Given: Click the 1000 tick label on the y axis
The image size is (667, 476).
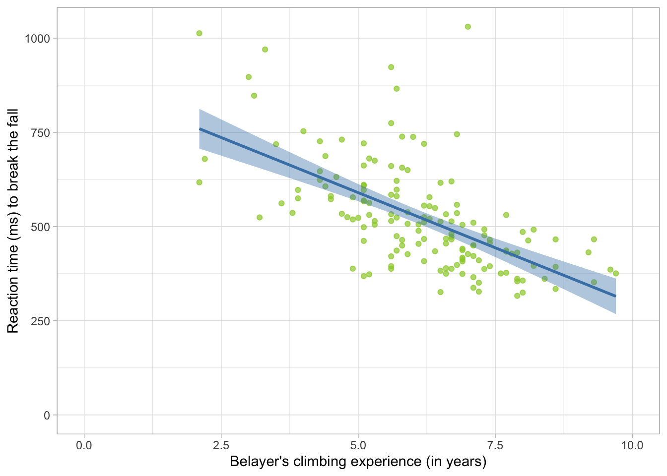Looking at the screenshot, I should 37,39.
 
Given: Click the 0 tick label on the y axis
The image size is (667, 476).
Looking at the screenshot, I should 47,416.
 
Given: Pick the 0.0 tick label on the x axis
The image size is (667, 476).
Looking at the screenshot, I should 84,445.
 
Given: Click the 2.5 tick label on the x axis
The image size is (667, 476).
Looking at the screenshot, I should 221,445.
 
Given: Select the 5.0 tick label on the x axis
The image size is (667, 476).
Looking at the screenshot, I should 358,445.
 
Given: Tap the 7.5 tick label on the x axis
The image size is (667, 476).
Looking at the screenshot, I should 495,445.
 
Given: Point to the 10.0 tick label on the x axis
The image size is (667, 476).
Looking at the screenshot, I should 632,445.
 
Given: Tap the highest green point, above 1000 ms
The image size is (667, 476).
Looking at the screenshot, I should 467,27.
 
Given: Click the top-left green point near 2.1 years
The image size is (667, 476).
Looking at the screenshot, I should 199,33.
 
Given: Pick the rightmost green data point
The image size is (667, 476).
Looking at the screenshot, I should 616,273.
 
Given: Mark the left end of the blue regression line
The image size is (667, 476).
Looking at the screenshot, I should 200,129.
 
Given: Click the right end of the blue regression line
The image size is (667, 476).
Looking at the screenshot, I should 615,296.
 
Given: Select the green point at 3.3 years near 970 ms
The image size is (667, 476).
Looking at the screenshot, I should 265,50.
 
